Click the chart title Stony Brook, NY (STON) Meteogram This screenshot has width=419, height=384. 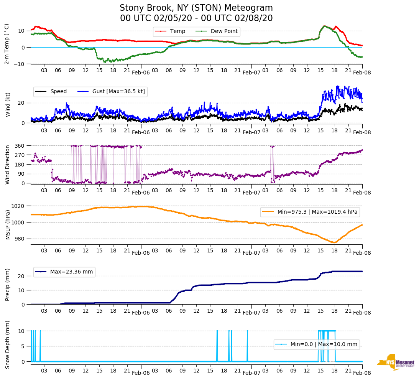pos(196,8)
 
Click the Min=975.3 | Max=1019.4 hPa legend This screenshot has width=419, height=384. pos(310,212)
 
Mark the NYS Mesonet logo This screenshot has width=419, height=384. pos(395,362)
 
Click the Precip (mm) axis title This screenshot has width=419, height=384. pos(8,284)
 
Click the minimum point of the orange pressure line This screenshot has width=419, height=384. pos(334,242)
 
